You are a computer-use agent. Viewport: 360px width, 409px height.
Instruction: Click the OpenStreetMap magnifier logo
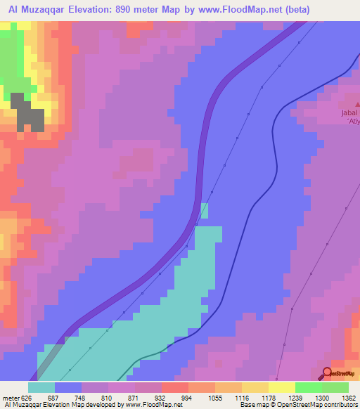[x=326, y=373]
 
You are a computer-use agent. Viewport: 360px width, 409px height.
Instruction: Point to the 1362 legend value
[x=349, y=398]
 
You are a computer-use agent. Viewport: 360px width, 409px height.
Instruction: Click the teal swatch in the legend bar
[x=41, y=387]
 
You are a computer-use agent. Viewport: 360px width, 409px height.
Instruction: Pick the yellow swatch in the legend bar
[x=281, y=387]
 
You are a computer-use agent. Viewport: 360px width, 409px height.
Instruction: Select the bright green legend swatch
[x=308, y=387]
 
